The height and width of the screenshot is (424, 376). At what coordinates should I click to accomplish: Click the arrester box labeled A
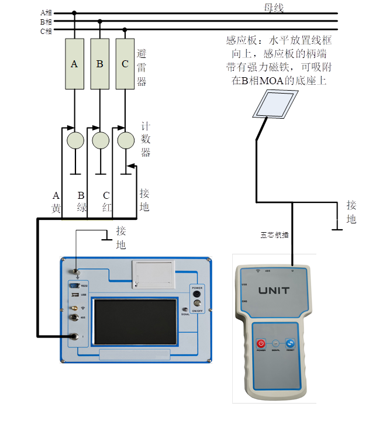[74, 64]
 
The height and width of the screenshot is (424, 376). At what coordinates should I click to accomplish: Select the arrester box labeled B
[100, 64]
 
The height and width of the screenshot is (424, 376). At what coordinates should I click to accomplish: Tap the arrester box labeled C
[125, 64]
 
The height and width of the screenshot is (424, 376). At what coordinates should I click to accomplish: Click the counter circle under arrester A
[75, 140]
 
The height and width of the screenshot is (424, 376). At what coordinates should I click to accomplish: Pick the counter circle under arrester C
[126, 140]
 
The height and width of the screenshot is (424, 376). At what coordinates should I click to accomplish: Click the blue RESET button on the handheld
[290, 344]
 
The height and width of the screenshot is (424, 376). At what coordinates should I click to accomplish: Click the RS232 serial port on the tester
[74, 285]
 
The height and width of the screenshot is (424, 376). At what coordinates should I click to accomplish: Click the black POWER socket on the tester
[197, 294]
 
